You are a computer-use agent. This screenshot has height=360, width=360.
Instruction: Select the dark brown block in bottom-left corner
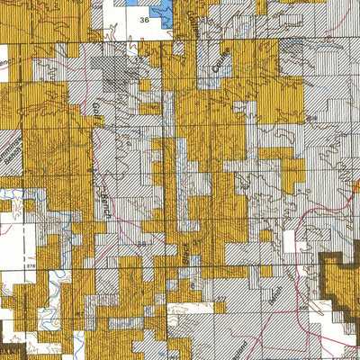(x=11, y=351)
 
